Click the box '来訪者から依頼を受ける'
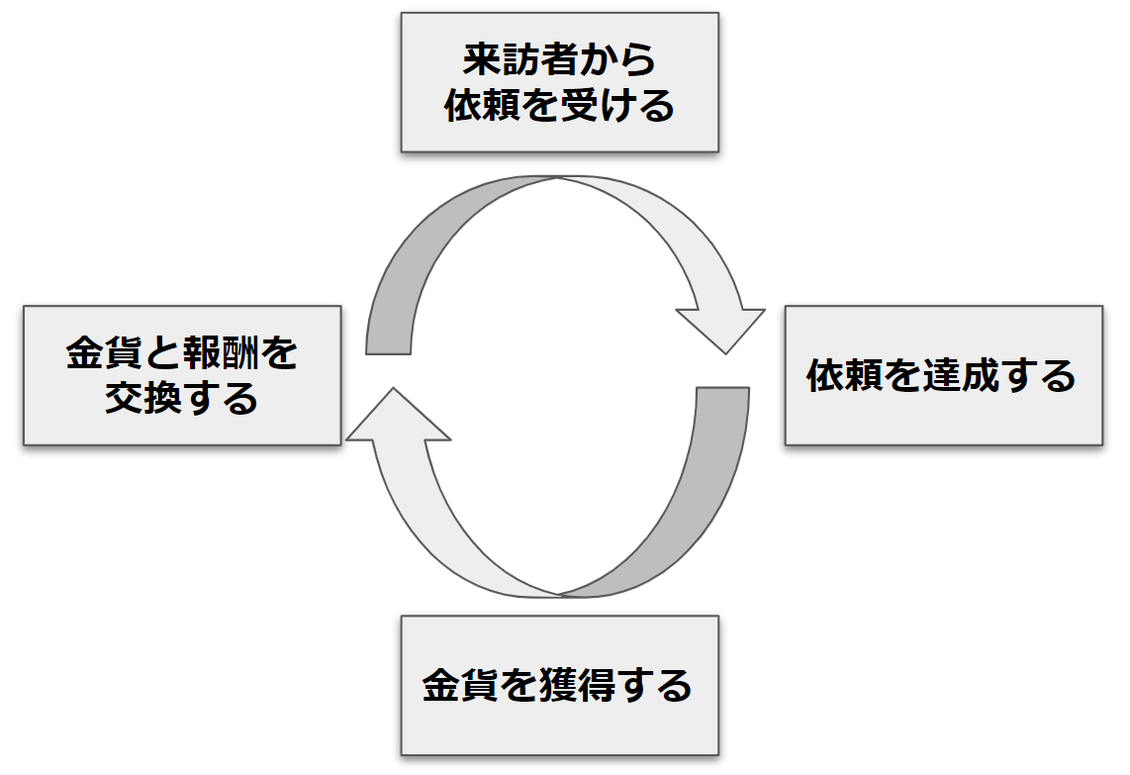point(559,82)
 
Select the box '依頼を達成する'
point(942,376)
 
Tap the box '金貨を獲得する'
point(559,685)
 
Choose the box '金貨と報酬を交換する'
point(182,375)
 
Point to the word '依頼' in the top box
point(481,105)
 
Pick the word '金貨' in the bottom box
point(458,685)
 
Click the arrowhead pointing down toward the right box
point(722,327)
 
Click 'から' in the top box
point(632,61)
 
